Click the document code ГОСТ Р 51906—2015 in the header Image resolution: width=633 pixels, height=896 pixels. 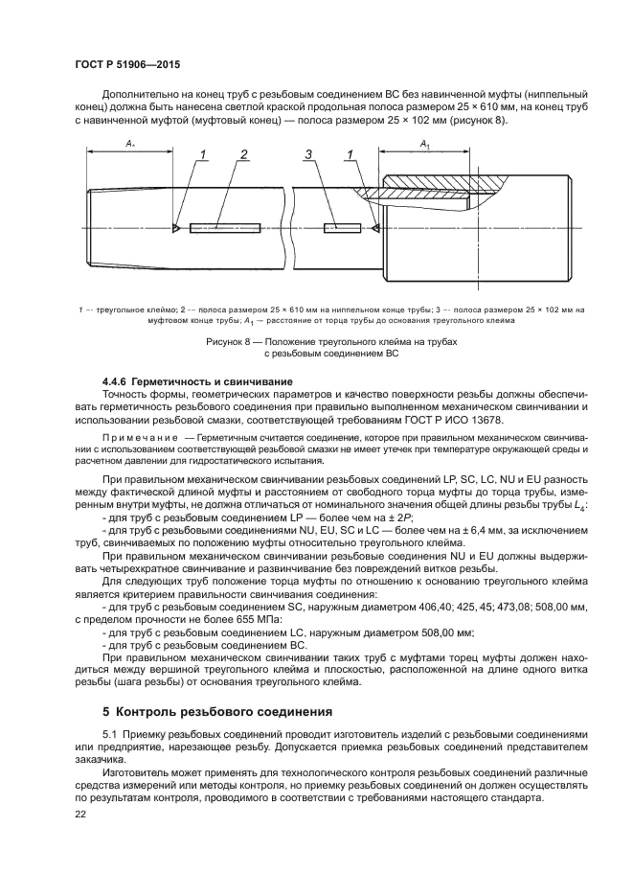pos(127,64)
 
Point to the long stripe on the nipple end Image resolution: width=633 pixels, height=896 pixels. pos(225,228)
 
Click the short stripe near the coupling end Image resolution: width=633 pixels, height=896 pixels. pos(342,228)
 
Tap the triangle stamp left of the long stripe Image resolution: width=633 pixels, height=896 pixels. pos(177,228)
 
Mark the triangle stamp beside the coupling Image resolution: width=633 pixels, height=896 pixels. pos(376,228)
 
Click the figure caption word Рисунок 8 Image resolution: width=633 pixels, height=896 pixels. pos(230,342)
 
